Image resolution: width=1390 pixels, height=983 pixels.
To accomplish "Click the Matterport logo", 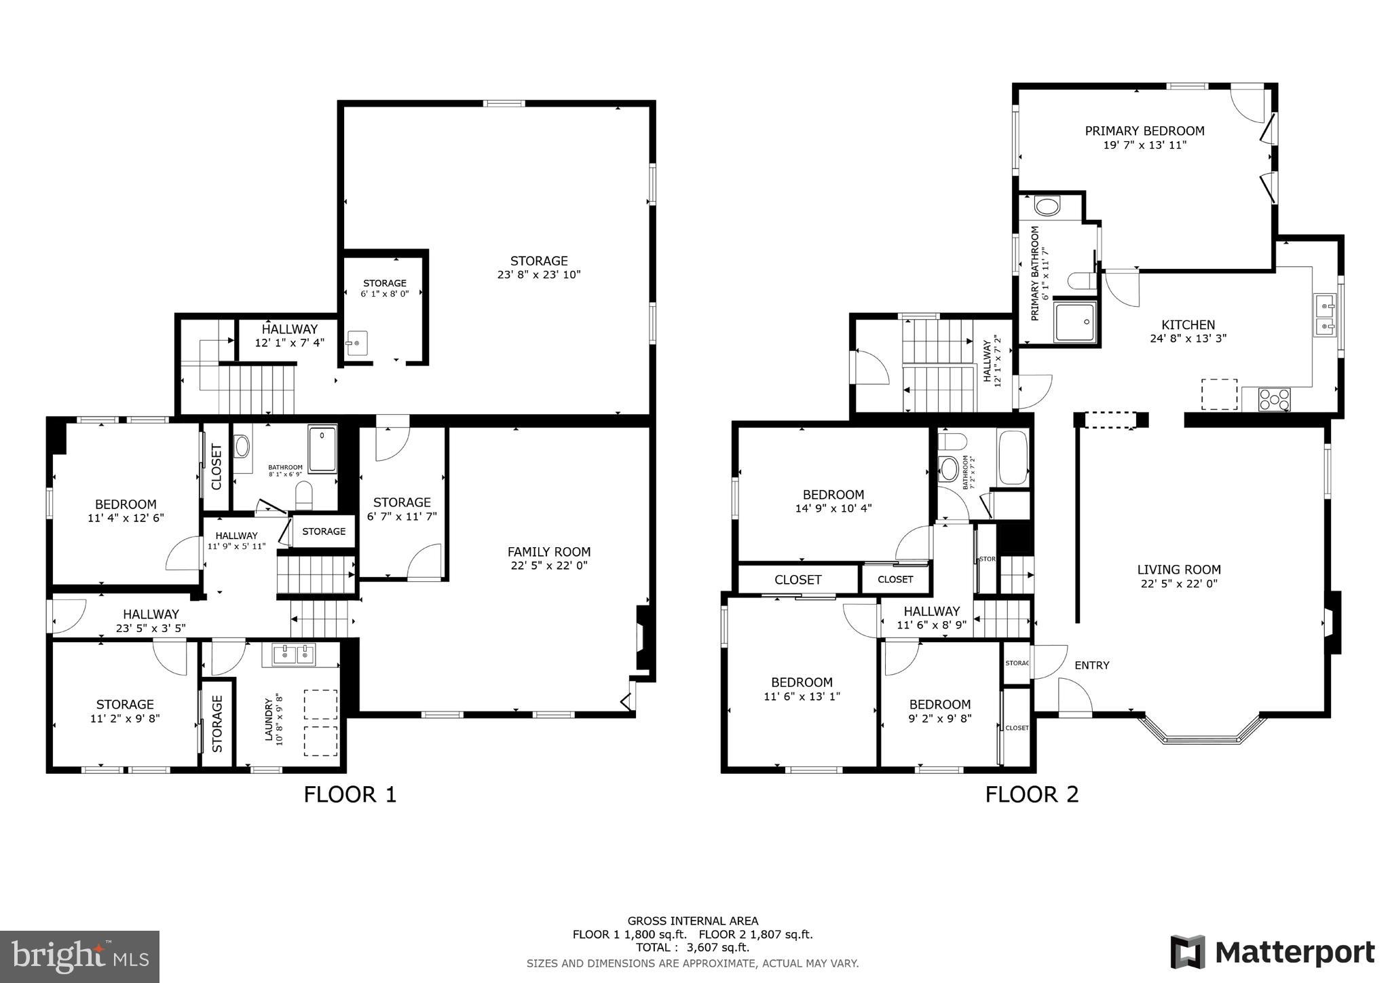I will click(x=1272, y=952).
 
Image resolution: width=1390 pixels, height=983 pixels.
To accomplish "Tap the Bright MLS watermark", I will click(x=79, y=957).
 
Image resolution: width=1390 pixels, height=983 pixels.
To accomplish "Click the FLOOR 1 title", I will click(x=350, y=794).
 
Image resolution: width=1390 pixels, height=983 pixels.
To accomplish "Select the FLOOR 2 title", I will click(x=1032, y=794).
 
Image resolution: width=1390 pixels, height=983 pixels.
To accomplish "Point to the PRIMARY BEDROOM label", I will click(x=1144, y=131).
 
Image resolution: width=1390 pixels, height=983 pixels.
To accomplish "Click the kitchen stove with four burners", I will click(x=1275, y=399).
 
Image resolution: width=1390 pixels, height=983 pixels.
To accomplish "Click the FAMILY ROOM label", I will click(x=549, y=552).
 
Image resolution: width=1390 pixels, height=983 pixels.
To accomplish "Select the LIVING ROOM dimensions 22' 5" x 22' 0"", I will click(x=1179, y=584).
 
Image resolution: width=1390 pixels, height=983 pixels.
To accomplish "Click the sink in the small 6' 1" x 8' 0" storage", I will click(x=357, y=344).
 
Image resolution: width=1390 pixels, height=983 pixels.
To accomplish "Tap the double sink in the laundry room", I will click(x=295, y=654).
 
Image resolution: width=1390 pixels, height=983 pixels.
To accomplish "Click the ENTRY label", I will click(x=1091, y=665).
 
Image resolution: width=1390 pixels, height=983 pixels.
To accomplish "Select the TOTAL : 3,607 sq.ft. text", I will click(x=692, y=948).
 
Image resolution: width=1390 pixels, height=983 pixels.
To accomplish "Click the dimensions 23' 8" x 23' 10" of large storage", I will click(x=539, y=275).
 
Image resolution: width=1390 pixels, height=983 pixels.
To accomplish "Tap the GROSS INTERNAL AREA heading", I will click(x=692, y=921).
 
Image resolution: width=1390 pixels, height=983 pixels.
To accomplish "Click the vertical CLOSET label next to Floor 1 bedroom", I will click(x=217, y=466).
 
